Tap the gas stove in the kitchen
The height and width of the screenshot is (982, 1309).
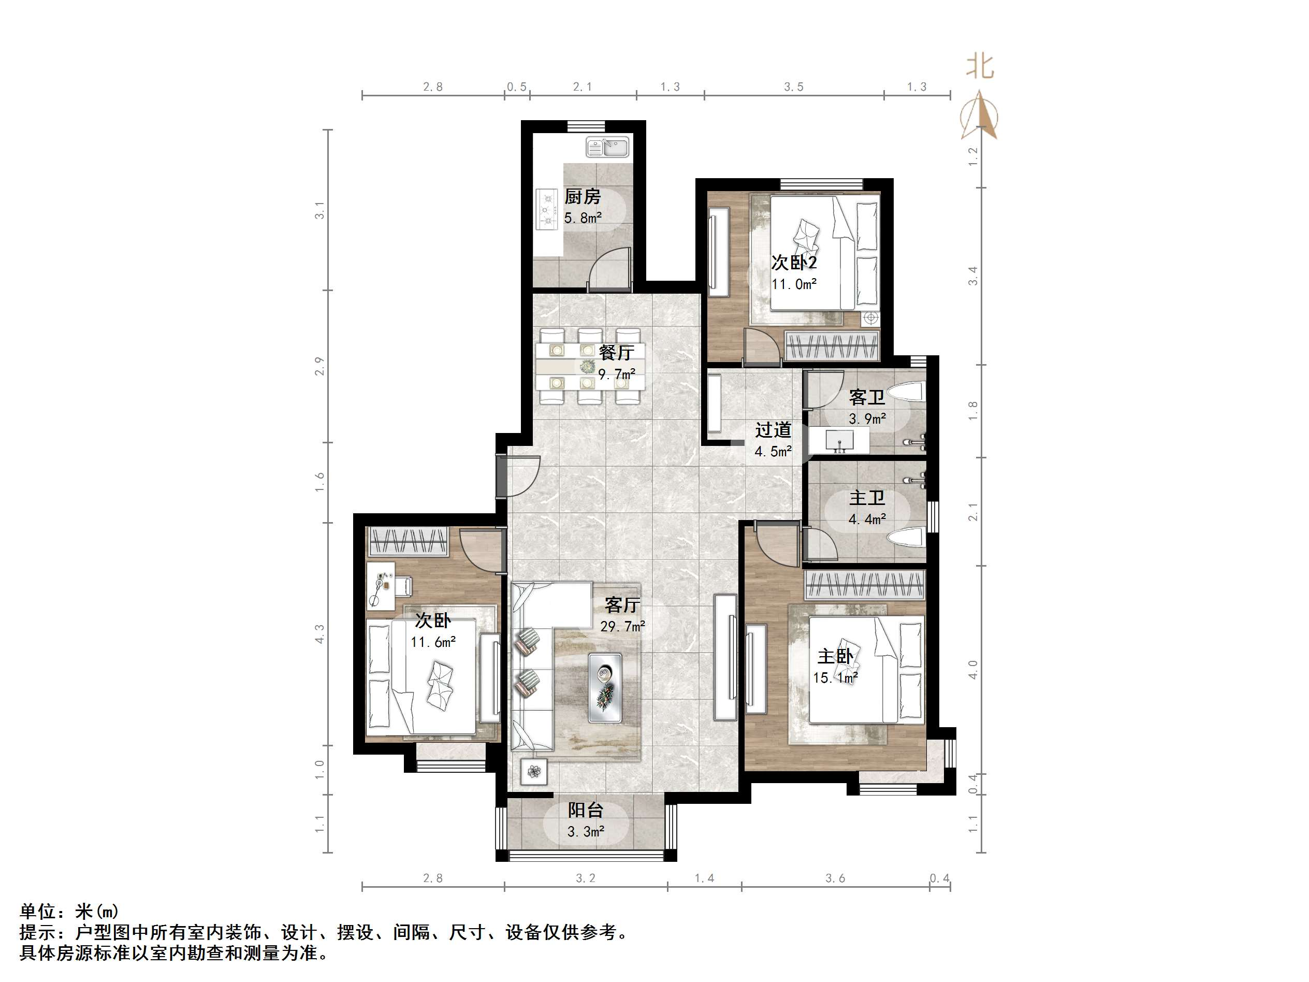547,209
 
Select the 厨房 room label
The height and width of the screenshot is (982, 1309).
583,196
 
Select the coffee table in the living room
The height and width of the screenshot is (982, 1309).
605,688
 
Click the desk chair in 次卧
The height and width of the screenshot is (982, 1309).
403,586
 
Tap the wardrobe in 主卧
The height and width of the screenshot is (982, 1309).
865,585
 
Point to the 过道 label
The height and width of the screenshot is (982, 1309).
773,430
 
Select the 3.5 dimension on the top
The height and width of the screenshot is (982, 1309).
794,87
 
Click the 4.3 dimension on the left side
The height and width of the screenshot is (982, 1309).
319,634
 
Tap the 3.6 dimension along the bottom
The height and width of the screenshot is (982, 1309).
835,878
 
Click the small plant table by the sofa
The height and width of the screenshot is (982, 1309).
534,771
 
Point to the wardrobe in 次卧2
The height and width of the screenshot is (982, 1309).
832,345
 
